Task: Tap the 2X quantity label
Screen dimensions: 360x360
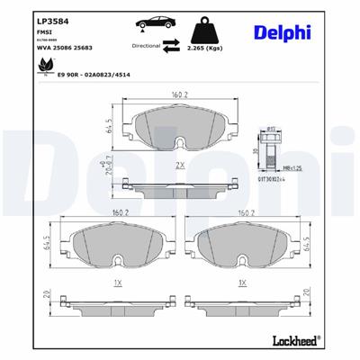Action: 180,166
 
